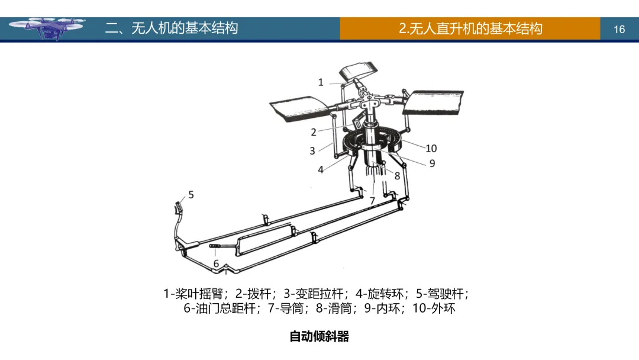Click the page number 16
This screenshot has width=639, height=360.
(x=619, y=29)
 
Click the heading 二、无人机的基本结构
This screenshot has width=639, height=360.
(x=172, y=28)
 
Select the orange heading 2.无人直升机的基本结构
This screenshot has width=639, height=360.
(x=470, y=28)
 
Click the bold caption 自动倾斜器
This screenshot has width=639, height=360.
(x=319, y=337)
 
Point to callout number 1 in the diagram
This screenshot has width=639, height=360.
(x=321, y=82)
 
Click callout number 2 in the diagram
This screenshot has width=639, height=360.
(x=314, y=132)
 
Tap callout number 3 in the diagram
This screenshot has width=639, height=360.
(x=312, y=151)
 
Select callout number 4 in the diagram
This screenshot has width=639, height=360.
(x=321, y=169)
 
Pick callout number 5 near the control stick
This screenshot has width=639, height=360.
(x=191, y=194)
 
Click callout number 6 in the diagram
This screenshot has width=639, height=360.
(x=216, y=263)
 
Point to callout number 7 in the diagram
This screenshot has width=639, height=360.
(x=372, y=201)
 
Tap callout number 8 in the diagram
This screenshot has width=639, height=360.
(x=397, y=176)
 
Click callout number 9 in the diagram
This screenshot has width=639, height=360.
(x=432, y=163)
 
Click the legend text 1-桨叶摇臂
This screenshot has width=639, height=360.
(x=196, y=294)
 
